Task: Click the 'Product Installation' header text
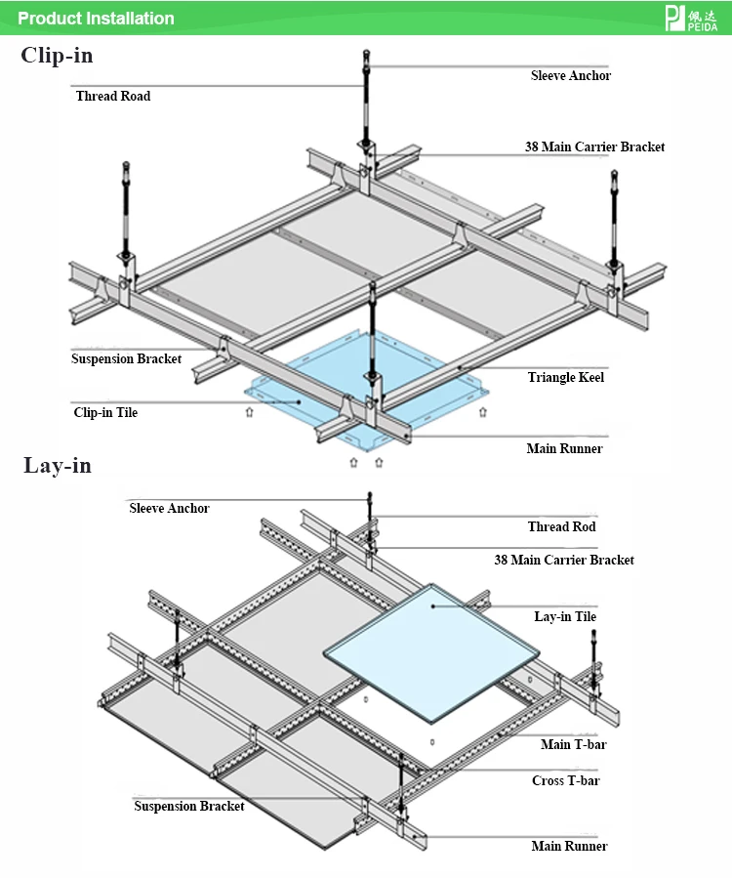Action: click(96, 18)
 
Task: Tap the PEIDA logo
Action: click(691, 19)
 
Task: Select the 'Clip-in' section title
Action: click(57, 55)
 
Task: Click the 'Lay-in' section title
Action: click(57, 465)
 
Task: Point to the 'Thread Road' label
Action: click(113, 96)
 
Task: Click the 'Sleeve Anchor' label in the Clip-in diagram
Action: click(571, 75)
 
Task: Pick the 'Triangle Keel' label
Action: click(566, 377)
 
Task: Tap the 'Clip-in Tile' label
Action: click(105, 412)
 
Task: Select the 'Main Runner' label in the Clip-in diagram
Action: click(565, 448)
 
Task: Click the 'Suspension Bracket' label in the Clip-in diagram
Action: click(127, 358)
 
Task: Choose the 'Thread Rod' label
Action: click(562, 526)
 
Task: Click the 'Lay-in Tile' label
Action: click(565, 616)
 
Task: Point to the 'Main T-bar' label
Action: click(574, 744)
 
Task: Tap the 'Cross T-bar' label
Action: click(566, 780)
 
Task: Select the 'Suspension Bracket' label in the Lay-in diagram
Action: click(189, 806)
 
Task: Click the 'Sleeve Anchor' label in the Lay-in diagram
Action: click(169, 508)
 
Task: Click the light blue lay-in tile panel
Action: click(431, 653)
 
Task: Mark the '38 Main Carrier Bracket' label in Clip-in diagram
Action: click(595, 146)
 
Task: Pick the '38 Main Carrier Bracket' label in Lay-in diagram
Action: click(564, 560)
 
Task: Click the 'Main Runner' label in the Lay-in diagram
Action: click(569, 846)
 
